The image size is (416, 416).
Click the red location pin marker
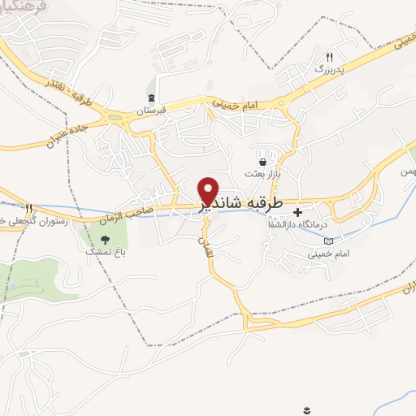pyautogui.click(x=209, y=190)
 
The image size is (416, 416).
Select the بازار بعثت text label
pyautogui.click(x=262, y=174)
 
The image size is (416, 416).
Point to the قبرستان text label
pyautogui.click(x=151, y=109)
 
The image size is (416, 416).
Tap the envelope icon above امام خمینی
pyautogui.click(x=327, y=241)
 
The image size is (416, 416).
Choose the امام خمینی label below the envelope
pyautogui.click(x=328, y=254)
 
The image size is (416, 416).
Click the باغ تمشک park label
pyautogui.click(x=104, y=252)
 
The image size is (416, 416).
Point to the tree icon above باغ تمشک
pyautogui.click(x=104, y=239)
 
